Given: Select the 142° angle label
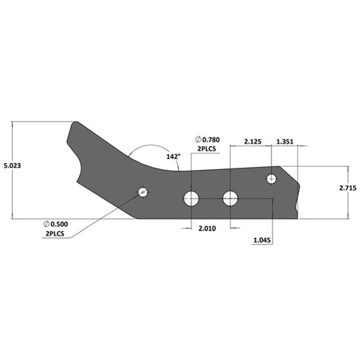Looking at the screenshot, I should tap(173, 156).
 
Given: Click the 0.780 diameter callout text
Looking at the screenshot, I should tap(209, 139).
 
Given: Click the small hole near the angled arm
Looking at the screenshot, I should tap(143, 192).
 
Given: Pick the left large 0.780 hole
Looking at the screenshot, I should tap(191, 198).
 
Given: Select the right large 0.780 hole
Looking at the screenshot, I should tap(230, 198).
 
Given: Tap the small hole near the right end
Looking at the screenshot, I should tap(272, 178).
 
